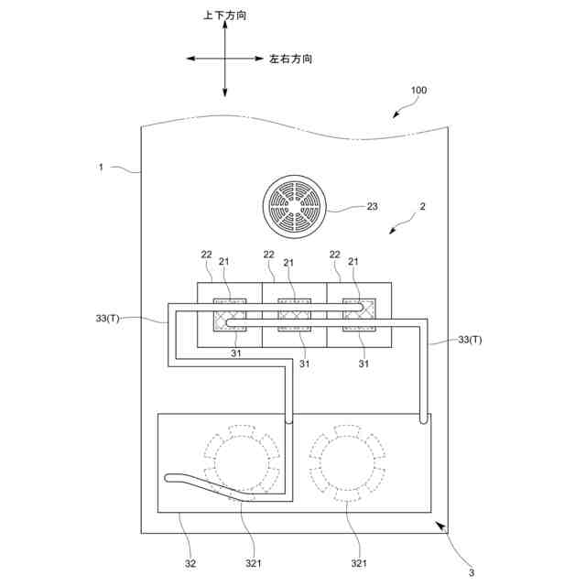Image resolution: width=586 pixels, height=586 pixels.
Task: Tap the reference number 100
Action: [x=418, y=91]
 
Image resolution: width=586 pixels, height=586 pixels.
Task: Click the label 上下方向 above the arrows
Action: [x=224, y=16]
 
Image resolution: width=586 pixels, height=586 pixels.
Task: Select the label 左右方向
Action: [x=290, y=59]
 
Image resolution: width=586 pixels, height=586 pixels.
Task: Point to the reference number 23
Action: [x=372, y=207]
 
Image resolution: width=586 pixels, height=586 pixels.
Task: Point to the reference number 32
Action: [x=190, y=564]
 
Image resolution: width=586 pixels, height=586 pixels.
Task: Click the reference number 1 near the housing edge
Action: [x=102, y=168]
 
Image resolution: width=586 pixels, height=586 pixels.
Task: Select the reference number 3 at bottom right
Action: [x=471, y=572]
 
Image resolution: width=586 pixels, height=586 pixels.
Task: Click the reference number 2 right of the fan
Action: [x=422, y=207]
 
